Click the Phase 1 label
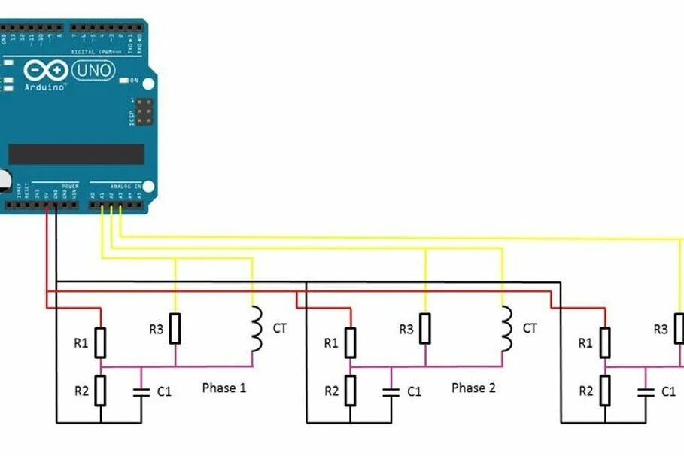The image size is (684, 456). click(x=223, y=388)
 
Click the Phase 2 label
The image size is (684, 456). click(x=473, y=388)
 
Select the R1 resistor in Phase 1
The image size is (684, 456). click(x=100, y=342)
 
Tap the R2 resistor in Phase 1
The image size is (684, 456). click(x=100, y=391)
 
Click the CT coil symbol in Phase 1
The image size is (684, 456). click(x=257, y=329)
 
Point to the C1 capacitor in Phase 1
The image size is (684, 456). click(x=141, y=391)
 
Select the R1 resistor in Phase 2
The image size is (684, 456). click(x=350, y=342)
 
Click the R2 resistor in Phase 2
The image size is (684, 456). click(x=350, y=391)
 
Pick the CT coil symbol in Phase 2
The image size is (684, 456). click(x=506, y=329)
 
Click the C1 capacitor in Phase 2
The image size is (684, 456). click(x=391, y=391)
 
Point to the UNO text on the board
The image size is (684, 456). click(x=94, y=71)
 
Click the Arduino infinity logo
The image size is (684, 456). click(x=45, y=71)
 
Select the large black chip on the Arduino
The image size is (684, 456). click(x=76, y=154)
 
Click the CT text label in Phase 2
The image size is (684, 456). click(x=530, y=328)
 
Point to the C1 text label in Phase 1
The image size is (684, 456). click(x=164, y=391)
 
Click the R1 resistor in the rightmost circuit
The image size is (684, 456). click(x=604, y=342)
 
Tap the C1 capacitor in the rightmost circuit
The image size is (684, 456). click(x=645, y=391)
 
